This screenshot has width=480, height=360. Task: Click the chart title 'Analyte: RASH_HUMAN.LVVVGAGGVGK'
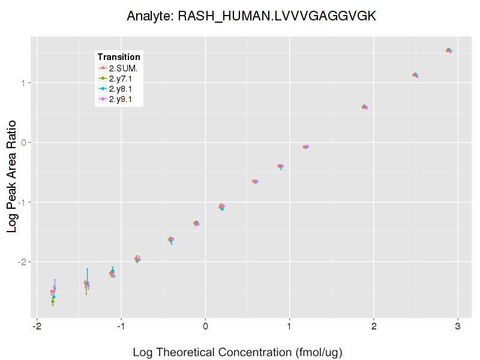coord(251,16)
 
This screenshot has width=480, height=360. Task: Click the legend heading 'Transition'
coord(119,57)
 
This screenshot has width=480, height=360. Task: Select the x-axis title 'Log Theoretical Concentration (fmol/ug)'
coord(237,352)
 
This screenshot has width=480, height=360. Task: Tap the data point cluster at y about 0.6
coord(364,107)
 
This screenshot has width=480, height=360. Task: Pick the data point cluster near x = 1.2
coord(306,146)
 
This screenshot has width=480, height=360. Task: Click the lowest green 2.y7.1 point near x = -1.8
coord(53,301)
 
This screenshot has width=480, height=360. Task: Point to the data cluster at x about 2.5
coord(415,75)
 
